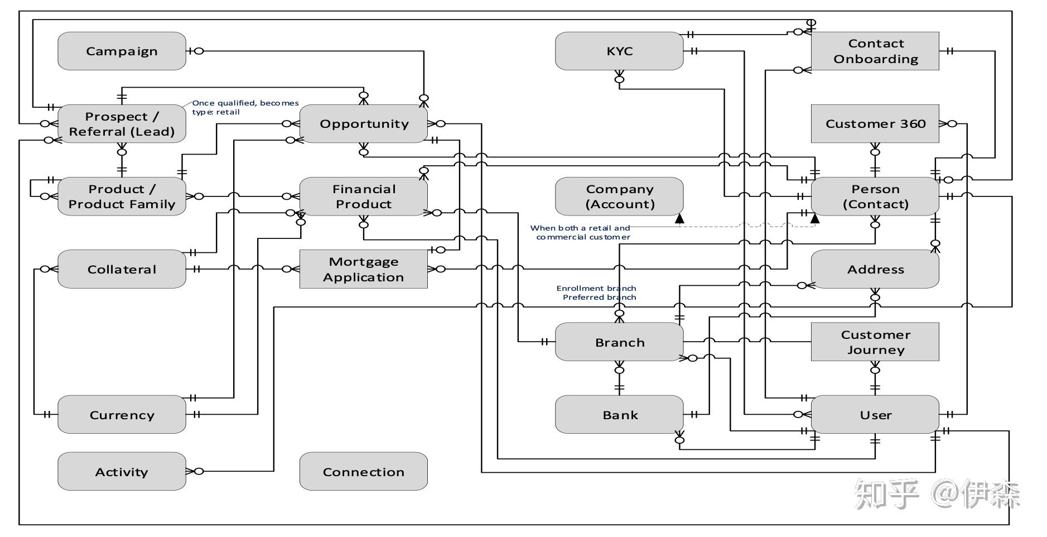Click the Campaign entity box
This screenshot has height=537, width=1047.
pos(122,51)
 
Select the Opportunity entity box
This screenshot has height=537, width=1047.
pos(364,123)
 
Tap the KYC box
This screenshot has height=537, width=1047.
pos(619,51)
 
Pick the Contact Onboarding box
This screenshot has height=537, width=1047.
pos(875,51)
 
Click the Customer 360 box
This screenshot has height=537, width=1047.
pos(875,123)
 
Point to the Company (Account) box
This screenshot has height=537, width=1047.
pos(619,196)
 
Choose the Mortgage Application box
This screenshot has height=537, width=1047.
pos(364,269)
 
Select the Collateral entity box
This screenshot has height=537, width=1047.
pos(122,269)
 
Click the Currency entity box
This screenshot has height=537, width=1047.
pos(122,415)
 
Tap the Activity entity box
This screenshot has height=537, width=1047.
pos(122,472)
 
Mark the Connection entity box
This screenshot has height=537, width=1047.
pos(364,472)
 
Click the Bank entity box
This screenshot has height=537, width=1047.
pos(619,415)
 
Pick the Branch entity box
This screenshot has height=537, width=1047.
pos(619,342)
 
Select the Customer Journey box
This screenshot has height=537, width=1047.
pos(875,342)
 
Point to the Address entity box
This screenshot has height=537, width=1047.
pos(875,269)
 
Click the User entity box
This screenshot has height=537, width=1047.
pos(875,415)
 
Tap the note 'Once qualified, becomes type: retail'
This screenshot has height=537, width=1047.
pos(245,107)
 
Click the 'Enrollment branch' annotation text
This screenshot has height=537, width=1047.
pos(596,288)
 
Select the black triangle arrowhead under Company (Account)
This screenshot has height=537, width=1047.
pos(679,219)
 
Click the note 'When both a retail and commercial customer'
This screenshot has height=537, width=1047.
pos(581,232)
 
